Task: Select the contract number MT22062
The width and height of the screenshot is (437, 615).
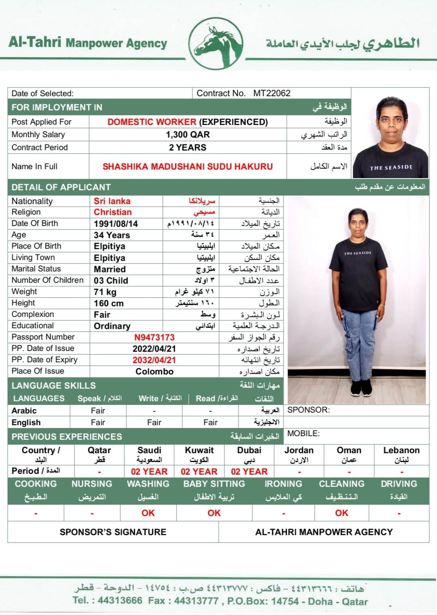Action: tap(272, 93)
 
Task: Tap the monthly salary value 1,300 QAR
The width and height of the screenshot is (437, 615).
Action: tap(188, 135)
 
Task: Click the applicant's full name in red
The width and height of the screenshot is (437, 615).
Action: tap(188, 166)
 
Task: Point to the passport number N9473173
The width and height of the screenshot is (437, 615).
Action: tap(154, 338)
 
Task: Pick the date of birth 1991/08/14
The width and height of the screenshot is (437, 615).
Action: tap(116, 224)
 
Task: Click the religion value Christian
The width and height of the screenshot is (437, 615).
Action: tap(113, 212)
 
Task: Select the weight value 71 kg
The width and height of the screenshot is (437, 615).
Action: tap(105, 292)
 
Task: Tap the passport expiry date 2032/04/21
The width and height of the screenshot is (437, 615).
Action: tap(154, 360)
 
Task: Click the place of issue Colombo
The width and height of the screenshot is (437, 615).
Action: tap(154, 372)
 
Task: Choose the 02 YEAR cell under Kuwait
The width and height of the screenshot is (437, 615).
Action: tap(199, 471)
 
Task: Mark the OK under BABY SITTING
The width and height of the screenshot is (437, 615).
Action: tap(214, 513)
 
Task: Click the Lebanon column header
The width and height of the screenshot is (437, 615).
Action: tap(401, 450)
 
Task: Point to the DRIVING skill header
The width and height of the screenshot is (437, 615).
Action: tap(399, 484)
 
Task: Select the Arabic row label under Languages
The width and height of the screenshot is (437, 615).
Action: tap(24, 411)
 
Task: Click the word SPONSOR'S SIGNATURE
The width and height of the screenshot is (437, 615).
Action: tap(113, 532)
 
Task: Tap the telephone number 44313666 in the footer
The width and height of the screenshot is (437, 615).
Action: tap(120, 601)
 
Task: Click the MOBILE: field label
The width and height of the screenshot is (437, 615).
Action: tap(303, 434)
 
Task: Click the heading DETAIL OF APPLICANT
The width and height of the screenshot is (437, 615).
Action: tap(61, 187)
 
